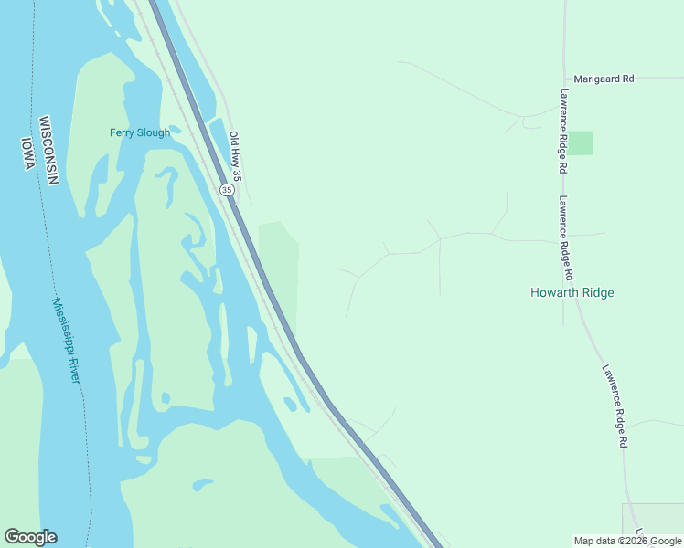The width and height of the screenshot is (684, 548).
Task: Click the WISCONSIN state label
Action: [48, 151]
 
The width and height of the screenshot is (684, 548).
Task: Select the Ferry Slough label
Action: [140, 132]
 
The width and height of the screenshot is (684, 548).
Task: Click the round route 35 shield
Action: [227, 189]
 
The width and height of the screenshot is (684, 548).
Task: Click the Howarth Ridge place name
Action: [572, 292]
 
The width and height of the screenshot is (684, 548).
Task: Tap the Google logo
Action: [30, 537]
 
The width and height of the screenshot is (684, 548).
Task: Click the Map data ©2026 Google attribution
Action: [627, 541]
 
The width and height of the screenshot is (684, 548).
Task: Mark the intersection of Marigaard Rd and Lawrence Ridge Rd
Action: [564, 79]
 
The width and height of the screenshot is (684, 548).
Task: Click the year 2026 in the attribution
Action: [634, 541]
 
